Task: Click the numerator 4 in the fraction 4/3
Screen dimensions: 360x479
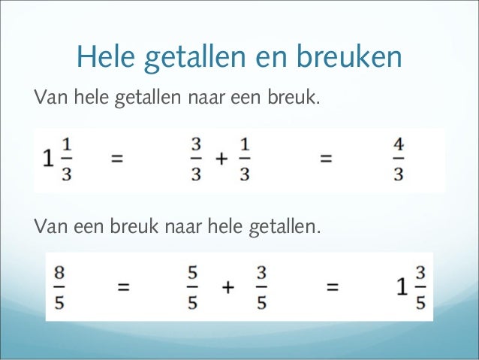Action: tap(399, 143)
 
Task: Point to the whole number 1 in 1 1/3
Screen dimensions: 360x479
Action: tap(50, 160)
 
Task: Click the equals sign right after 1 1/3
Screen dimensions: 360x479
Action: tap(117, 159)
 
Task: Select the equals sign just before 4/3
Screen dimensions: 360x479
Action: tap(326, 159)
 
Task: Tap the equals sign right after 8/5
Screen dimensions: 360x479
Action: tap(124, 286)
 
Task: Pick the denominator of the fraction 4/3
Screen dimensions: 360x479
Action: tap(399, 174)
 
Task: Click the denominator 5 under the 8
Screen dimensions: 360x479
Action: tap(59, 302)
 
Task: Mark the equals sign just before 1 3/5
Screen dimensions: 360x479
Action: tap(333, 286)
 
